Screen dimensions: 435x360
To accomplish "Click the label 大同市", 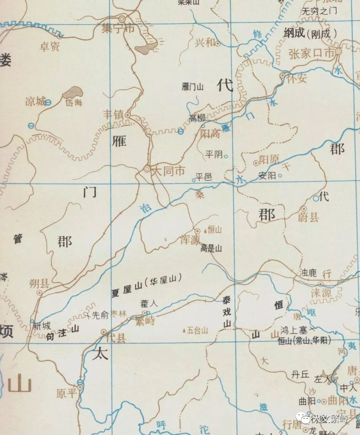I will point(168,171).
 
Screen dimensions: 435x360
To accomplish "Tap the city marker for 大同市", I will point(147,169).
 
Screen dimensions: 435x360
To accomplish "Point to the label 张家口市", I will point(311,54).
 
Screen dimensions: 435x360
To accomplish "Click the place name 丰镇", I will point(113,115).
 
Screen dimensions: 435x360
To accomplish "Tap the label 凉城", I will point(35,101).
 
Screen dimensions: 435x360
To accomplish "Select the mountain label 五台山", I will point(197,331).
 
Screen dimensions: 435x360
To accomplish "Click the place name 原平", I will point(66,393).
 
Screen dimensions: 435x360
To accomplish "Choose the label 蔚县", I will point(308,217).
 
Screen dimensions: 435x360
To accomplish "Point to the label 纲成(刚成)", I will point(310,33).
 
